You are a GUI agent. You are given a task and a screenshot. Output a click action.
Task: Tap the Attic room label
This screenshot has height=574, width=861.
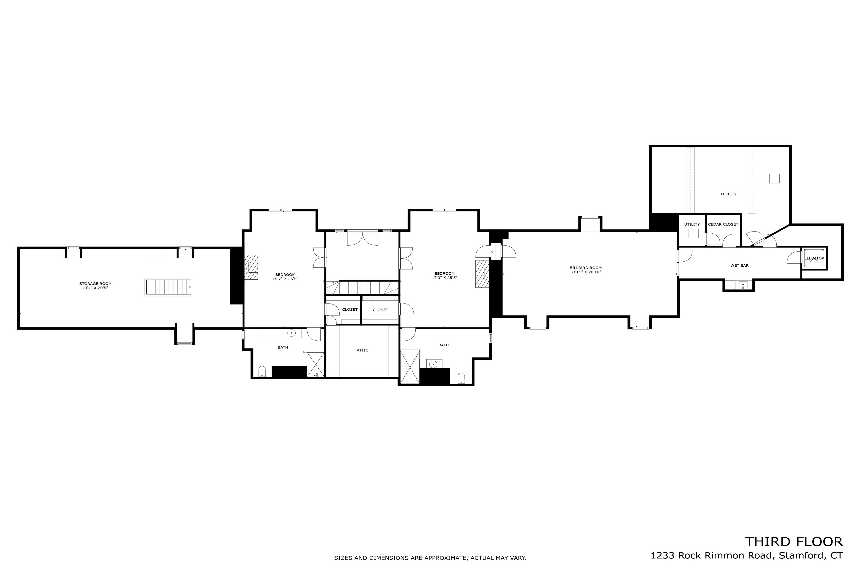click(362, 350)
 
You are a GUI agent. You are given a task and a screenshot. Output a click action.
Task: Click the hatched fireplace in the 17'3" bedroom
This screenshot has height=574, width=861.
click(482, 274)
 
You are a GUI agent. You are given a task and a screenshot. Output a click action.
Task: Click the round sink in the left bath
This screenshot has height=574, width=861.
click(291, 333)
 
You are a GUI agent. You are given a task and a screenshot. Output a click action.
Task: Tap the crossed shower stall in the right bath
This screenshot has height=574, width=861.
click(410, 367)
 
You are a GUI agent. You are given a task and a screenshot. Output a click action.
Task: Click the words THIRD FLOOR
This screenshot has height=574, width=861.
click(793, 541)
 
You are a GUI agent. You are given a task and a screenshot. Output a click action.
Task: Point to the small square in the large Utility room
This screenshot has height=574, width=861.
click(774, 179)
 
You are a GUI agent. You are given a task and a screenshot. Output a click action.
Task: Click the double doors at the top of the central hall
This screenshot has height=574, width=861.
click(362, 238)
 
